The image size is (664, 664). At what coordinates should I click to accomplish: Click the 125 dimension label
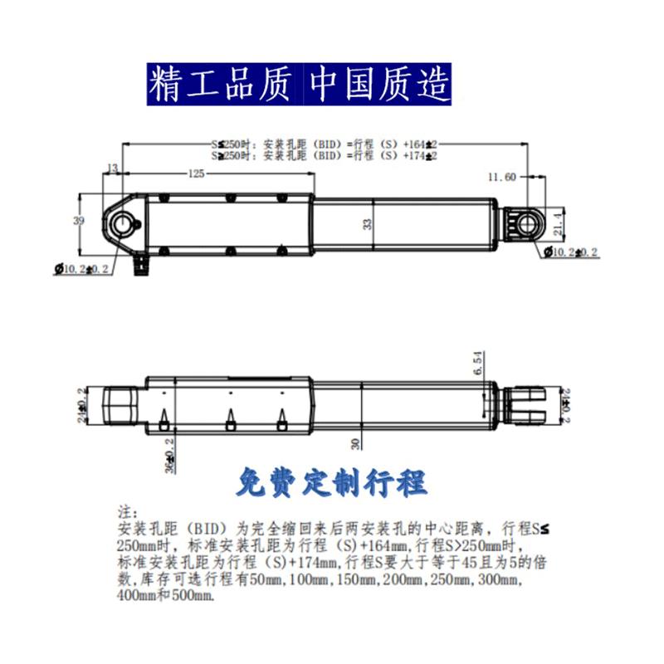click(x=195, y=174)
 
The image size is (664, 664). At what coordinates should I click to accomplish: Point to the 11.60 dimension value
click(x=503, y=176)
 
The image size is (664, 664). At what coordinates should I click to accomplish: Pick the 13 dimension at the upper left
click(x=113, y=168)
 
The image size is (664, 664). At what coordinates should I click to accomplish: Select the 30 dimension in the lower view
click(x=356, y=443)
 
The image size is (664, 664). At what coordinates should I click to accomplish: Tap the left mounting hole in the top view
click(x=124, y=223)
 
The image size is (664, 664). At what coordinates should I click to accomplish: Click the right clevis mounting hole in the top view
click(x=527, y=224)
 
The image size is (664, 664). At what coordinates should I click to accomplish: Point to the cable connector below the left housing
click(x=139, y=264)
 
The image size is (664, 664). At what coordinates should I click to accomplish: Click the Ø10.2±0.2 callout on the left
click(x=83, y=269)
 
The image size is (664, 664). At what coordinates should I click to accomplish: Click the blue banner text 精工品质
click(x=221, y=84)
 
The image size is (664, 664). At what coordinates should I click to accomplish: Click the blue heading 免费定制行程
click(x=331, y=482)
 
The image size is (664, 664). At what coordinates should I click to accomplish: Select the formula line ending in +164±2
click(x=324, y=144)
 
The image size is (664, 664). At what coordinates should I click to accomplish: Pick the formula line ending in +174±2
click(x=324, y=154)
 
